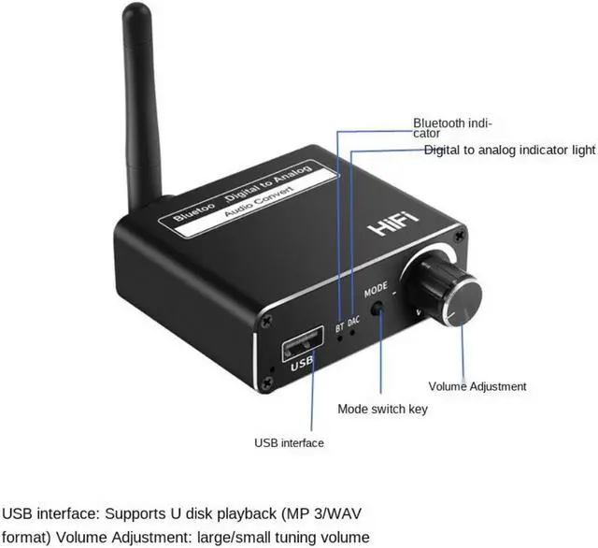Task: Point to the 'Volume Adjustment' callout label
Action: point(477,386)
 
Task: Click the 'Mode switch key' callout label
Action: point(382,409)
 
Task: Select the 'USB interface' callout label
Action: point(289,442)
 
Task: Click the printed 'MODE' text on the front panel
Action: point(376,288)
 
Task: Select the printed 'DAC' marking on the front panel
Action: point(353,323)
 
